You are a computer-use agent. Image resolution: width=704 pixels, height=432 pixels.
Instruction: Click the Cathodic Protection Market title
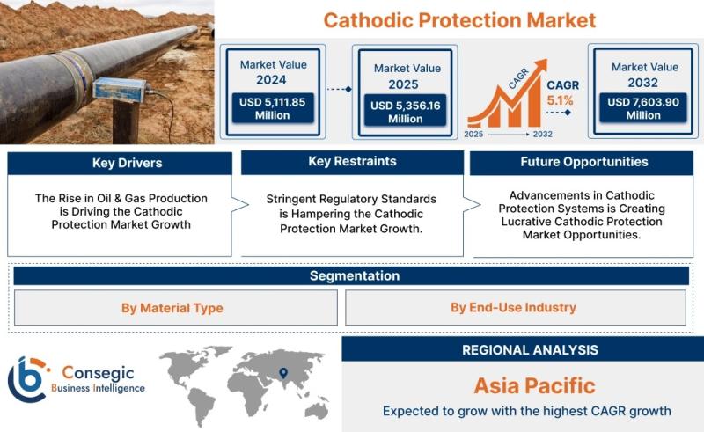[459, 20]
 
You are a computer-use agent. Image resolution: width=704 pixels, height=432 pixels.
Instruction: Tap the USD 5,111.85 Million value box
[273, 108]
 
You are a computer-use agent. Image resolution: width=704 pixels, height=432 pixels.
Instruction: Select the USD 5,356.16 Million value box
[405, 112]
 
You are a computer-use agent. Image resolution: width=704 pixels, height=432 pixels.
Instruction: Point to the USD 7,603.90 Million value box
[643, 108]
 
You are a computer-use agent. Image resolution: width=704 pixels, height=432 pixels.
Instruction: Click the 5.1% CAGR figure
[560, 100]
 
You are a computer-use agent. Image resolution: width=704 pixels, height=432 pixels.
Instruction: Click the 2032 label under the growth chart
[542, 135]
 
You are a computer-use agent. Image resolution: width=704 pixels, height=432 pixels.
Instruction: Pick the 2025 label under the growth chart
[473, 135]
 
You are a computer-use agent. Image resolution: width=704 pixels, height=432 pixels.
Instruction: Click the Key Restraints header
[353, 162]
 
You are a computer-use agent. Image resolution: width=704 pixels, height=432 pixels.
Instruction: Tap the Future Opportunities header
[582, 163]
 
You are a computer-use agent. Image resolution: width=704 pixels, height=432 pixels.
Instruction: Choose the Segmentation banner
[351, 275]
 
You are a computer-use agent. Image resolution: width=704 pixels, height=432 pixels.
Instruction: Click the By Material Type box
[175, 308]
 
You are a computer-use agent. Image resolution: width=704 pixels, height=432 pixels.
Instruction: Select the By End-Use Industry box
[516, 308]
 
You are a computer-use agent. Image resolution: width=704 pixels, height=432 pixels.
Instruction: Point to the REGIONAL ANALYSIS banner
[523, 349]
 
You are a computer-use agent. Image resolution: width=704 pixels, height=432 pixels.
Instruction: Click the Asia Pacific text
[534, 385]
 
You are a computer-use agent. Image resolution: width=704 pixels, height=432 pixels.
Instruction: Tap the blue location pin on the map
[283, 373]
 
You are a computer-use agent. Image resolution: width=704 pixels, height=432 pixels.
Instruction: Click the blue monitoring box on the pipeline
[121, 90]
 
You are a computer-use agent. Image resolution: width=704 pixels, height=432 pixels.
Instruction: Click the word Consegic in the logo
[98, 373]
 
